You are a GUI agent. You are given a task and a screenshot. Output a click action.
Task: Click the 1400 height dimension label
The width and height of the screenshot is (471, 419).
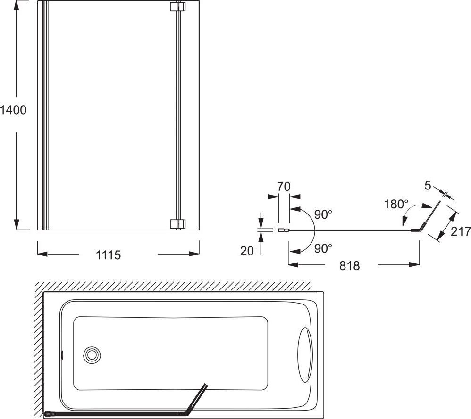[x=13, y=110]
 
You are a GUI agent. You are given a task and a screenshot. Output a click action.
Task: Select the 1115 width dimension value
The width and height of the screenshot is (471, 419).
[x=108, y=255]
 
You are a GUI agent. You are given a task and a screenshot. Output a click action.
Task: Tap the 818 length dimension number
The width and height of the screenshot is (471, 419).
[x=349, y=266]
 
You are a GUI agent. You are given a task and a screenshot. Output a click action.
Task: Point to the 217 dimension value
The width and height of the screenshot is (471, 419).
[x=461, y=231]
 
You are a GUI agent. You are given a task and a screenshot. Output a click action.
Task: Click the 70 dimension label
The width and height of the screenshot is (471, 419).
[x=284, y=187]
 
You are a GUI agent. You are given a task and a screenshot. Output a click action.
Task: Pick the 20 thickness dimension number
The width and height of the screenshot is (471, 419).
[x=247, y=251]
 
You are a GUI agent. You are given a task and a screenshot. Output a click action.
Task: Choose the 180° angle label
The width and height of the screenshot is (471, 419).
[x=396, y=205]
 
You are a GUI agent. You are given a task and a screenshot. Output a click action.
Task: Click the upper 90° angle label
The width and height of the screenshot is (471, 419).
[x=323, y=214]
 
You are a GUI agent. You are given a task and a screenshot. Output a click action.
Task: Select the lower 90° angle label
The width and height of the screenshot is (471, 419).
[x=323, y=248]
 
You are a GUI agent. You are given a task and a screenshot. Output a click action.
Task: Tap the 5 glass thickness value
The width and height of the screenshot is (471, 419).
[x=428, y=186]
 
